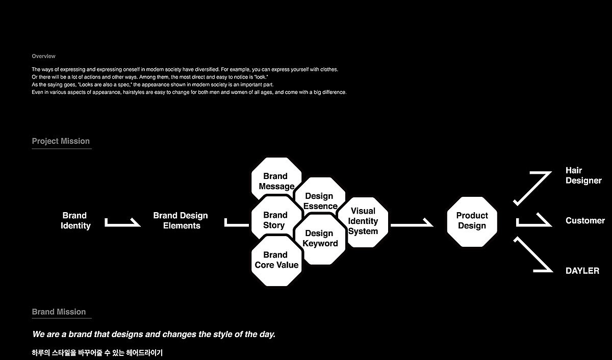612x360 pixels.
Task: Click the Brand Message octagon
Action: coord(276,179)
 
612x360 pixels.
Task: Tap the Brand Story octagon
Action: coord(275,220)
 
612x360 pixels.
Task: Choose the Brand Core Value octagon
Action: coord(276,260)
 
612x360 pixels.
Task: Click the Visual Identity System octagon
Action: coord(363,221)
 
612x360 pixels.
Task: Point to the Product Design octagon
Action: coord(472,221)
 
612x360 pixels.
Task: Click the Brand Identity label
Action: coord(75,221)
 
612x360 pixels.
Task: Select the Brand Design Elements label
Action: coord(181,221)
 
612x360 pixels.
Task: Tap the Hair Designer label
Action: coord(583,175)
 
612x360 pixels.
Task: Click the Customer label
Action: coord(585,221)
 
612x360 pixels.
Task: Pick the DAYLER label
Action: coord(582,271)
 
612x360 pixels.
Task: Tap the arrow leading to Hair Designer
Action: coord(532,188)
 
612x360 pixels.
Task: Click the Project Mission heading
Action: coord(61,141)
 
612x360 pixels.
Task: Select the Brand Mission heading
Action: coord(59,312)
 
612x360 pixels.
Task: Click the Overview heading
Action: coord(43,56)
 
